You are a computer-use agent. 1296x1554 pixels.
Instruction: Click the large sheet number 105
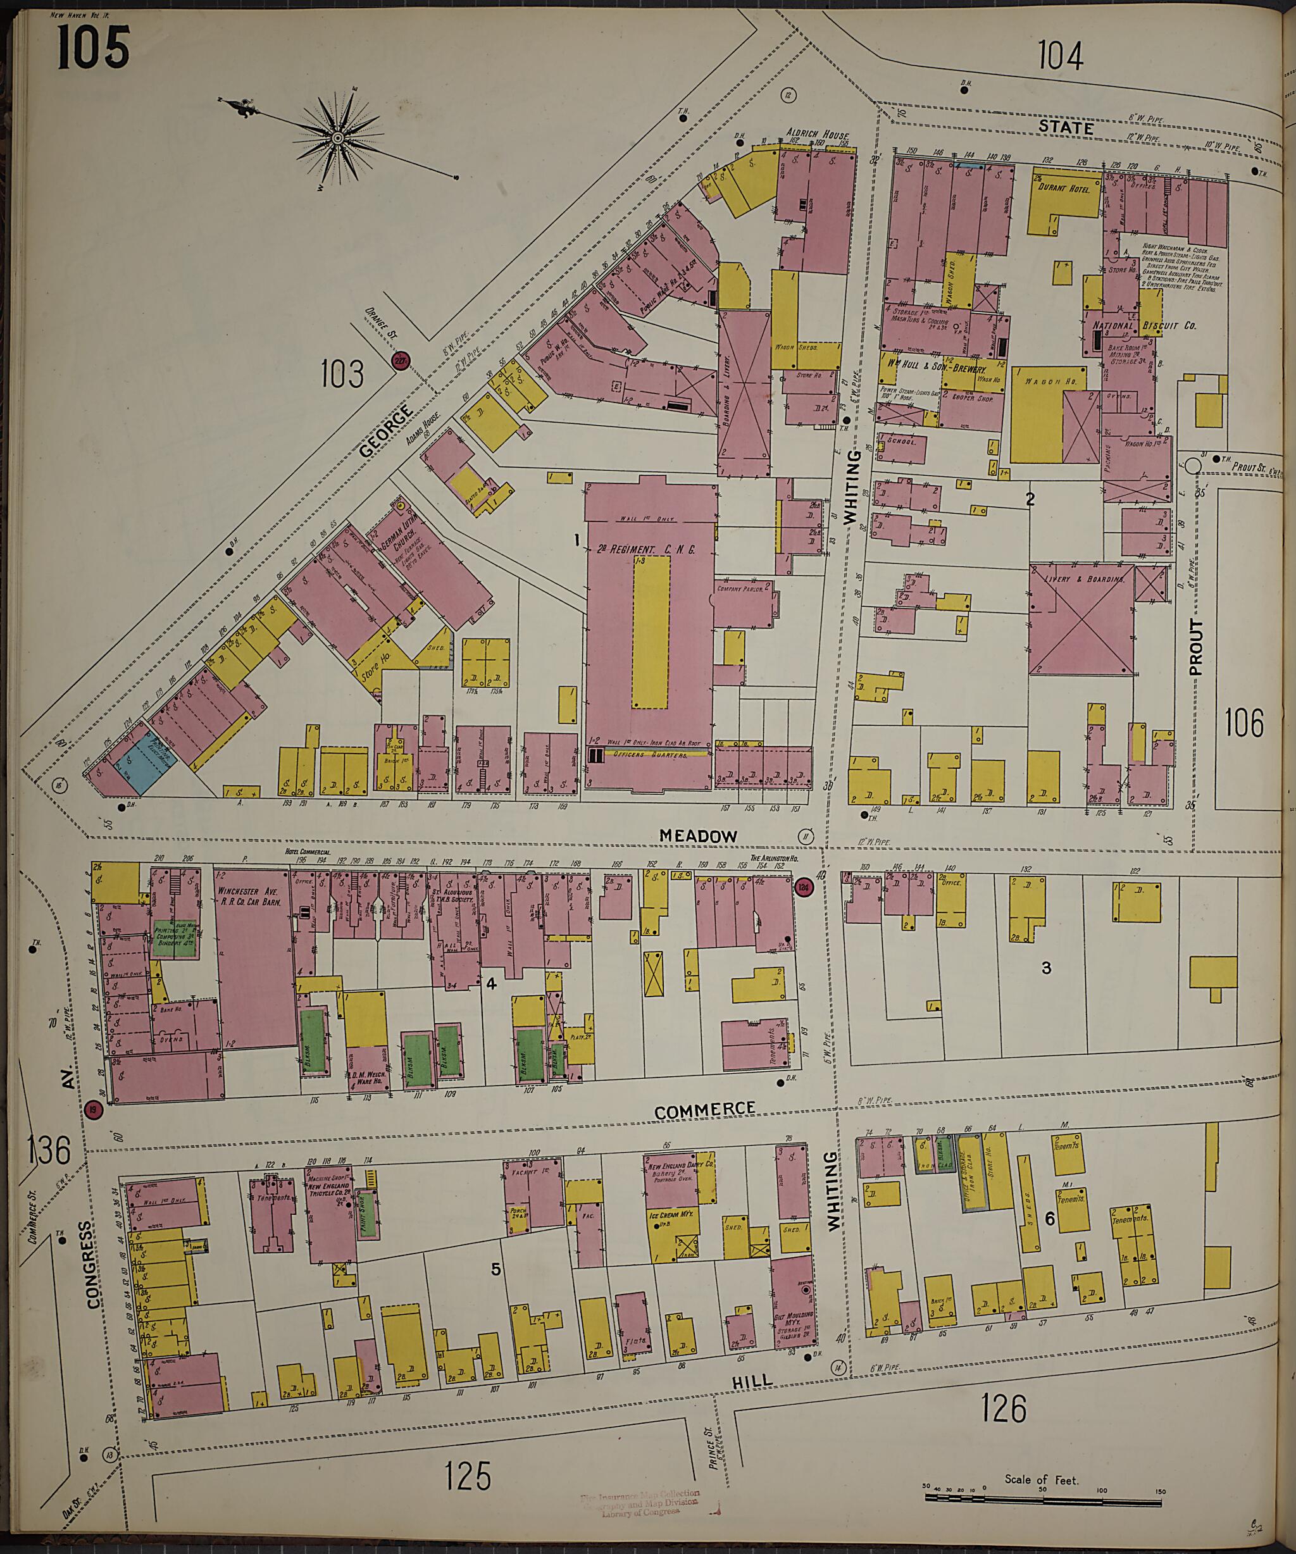(x=93, y=47)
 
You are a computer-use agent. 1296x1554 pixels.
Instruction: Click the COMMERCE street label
(x=704, y=1109)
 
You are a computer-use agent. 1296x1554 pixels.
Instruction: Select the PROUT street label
(x=1196, y=647)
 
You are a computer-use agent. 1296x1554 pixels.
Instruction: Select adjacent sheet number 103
(x=343, y=374)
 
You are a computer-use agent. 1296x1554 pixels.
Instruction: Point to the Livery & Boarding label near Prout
(x=1081, y=579)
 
